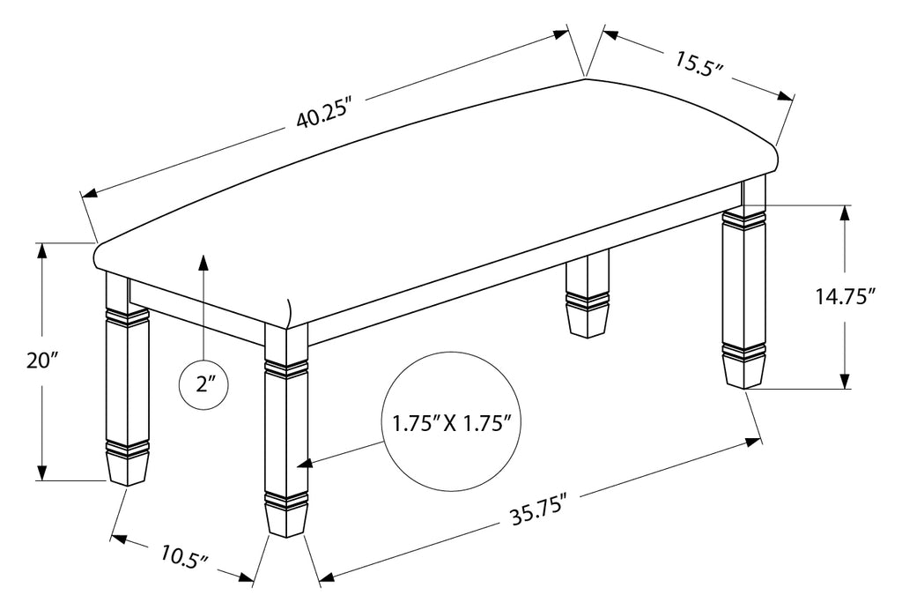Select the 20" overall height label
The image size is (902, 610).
click(42, 361)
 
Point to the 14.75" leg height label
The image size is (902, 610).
click(846, 297)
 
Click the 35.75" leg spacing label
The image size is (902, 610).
click(539, 510)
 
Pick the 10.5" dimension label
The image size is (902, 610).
click(184, 557)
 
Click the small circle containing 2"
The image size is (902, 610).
click(203, 383)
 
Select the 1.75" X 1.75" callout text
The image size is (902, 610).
click(452, 424)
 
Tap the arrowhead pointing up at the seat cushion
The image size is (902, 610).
click(203, 262)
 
